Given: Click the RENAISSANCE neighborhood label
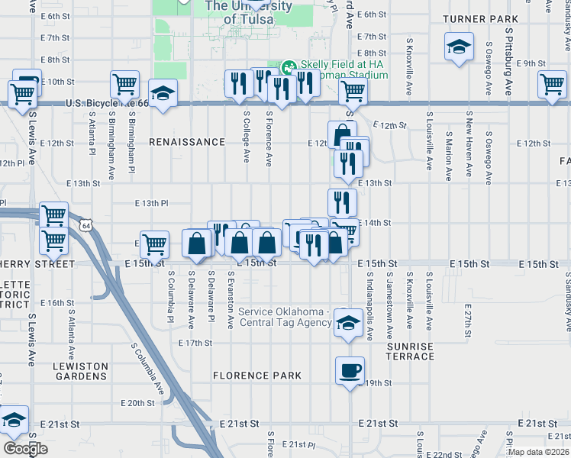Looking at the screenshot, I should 187,143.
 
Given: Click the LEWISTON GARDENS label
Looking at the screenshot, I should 80,372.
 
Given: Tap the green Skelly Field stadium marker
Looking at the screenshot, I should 288,66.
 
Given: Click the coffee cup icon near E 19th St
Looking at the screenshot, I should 350,371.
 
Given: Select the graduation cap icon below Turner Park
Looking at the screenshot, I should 459,47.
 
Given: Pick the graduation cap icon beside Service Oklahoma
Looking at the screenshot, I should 348,323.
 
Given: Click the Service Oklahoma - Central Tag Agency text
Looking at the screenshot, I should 284,317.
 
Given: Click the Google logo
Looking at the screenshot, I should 25,449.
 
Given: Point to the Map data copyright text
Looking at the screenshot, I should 539,452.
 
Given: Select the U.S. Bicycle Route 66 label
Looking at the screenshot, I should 106,103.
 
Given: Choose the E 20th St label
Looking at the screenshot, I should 137,403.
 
